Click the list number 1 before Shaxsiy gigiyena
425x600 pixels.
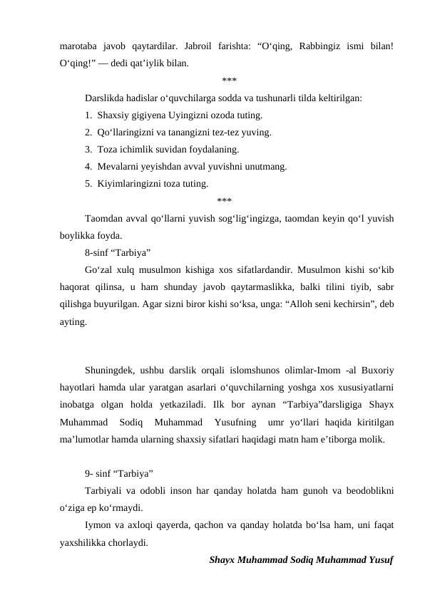click(x=87, y=115)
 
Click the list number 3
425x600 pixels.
click(x=87, y=149)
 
